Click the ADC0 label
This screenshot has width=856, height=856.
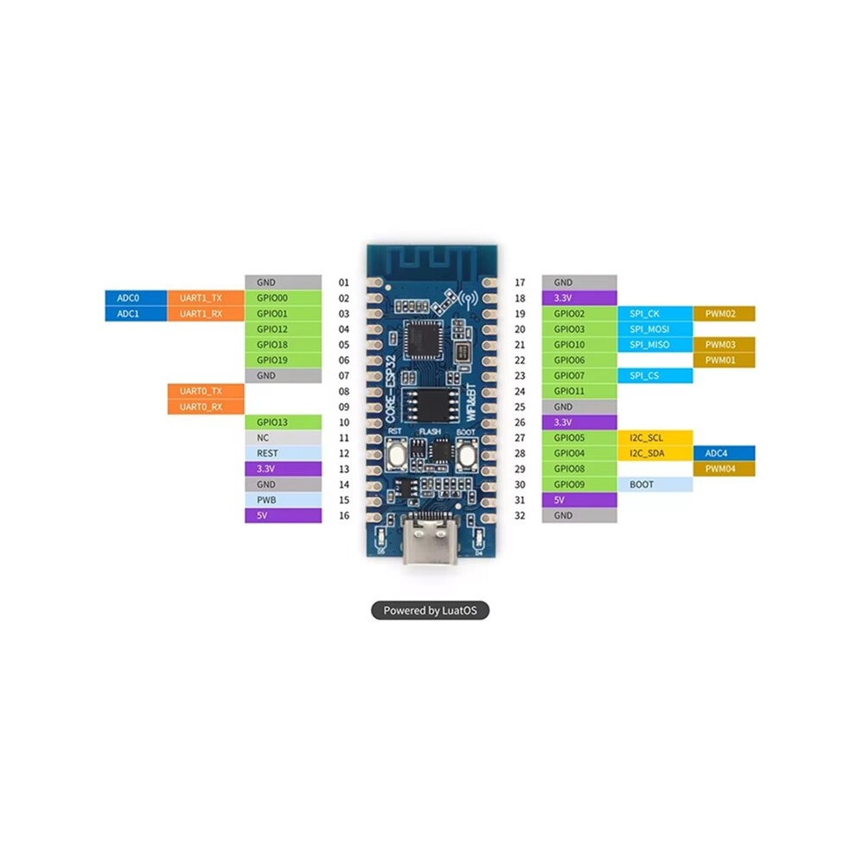[x=136, y=298]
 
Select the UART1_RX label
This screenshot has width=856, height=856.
[x=206, y=314]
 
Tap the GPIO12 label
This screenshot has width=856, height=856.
[x=284, y=329]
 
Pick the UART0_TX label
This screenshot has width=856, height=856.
[x=206, y=392]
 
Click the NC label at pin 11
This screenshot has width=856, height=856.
[x=284, y=438]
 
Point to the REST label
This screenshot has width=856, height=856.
[x=284, y=454]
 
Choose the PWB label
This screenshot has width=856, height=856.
[x=284, y=500]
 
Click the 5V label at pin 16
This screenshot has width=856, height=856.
[x=284, y=515]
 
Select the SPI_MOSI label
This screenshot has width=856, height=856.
[x=655, y=329]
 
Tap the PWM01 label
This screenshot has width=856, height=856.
[x=724, y=361]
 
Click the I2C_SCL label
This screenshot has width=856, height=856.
[x=655, y=438]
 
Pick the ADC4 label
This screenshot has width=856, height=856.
[x=724, y=454]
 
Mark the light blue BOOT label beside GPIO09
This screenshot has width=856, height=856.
[x=655, y=485]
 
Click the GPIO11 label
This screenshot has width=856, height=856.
[x=579, y=392]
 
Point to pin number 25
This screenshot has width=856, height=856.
[x=520, y=407]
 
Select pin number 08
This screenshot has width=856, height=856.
[x=344, y=392]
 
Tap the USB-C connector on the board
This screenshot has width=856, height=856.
[x=431, y=540]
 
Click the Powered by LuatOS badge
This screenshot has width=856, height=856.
[x=431, y=610]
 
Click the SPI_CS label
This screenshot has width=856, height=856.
[x=655, y=375]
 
